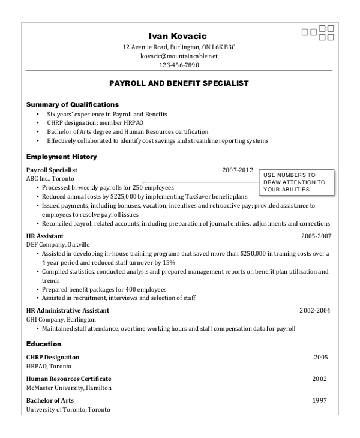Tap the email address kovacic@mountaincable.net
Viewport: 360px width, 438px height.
click(179, 56)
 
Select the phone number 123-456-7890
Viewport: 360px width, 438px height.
click(179, 65)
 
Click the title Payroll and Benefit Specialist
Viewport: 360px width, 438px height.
click(179, 83)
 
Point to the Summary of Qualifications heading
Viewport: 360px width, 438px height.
click(73, 104)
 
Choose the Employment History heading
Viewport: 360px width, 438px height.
click(62, 157)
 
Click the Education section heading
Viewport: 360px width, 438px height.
click(44, 344)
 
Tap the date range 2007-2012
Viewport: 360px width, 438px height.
click(238, 170)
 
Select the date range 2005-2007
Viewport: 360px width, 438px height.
click(316, 236)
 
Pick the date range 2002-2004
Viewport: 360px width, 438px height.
click(315, 311)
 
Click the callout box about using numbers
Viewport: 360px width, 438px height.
click(295, 182)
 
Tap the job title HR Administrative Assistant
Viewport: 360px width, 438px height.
click(68, 311)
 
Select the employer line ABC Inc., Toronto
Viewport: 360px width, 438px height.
click(51, 179)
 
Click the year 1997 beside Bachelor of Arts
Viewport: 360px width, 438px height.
click(320, 400)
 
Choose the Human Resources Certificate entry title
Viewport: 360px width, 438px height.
click(69, 379)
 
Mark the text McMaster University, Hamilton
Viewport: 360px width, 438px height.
click(69, 388)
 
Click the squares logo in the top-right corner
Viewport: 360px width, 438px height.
click(317, 32)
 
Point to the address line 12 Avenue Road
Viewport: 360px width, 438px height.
click(179, 47)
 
